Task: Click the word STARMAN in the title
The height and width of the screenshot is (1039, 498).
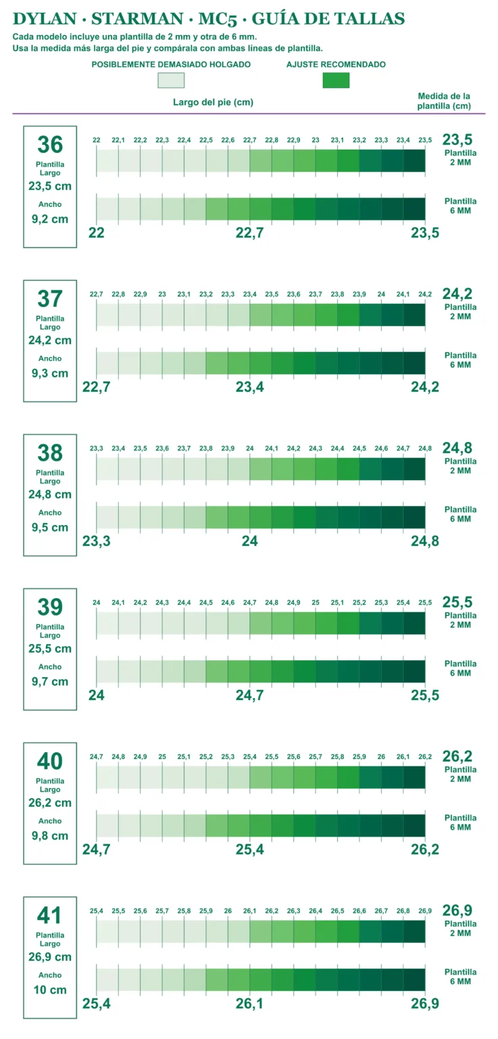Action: click(137, 18)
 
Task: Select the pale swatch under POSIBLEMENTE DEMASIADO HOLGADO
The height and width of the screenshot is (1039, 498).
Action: click(171, 80)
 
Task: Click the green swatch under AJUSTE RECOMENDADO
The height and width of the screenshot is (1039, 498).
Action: click(336, 80)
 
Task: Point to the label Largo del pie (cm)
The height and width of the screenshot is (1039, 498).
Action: click(213, 102)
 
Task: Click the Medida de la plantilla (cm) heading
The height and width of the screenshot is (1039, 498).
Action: click(444, 101)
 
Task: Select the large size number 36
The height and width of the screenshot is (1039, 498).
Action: click(50, 145)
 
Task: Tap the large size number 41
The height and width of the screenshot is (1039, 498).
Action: click(50, 916)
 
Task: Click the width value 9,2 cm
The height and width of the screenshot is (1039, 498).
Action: click(50, 219)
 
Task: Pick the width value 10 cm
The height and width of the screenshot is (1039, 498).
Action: click(50, 990)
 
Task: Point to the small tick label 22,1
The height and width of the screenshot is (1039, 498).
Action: click(118, 140)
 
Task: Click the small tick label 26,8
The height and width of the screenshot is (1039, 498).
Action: click(403, 911)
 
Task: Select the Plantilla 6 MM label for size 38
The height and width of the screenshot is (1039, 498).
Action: click(460, 514)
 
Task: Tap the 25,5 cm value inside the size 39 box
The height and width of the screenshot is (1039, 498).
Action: click(50, 649)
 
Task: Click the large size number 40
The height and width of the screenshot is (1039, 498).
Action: click(50, 762)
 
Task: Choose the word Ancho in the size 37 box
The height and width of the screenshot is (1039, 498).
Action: click(50, 359)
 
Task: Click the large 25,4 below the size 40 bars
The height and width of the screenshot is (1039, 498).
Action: click(250, 850)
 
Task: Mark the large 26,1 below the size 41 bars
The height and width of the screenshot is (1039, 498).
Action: click(250, 1003)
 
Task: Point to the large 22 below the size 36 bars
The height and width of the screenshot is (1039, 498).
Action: click(97, 233)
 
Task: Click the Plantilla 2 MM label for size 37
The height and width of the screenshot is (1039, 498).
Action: click(460, 312)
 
